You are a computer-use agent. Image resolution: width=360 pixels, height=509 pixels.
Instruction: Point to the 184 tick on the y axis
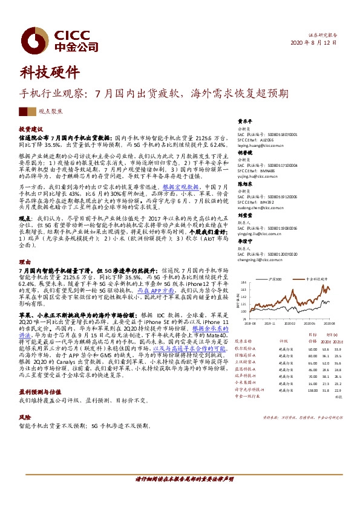click(x=243, y=283)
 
